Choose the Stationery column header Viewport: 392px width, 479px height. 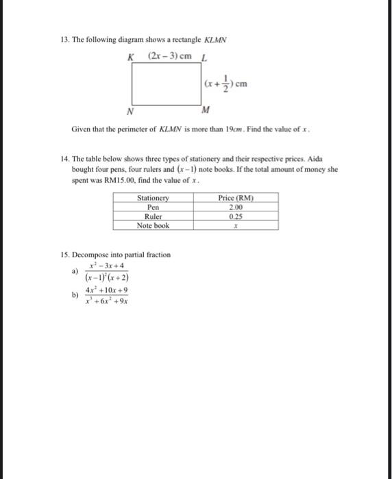coord(153,198)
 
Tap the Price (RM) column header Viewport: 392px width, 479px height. coord(236,198)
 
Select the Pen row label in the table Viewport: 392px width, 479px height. coord(153,207)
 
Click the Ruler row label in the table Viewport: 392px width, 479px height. coord(153,216)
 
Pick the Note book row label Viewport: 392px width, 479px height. coord(153,224)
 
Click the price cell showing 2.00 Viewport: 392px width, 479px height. coord(236,207)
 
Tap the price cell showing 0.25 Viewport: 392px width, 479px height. coord(236,216)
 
